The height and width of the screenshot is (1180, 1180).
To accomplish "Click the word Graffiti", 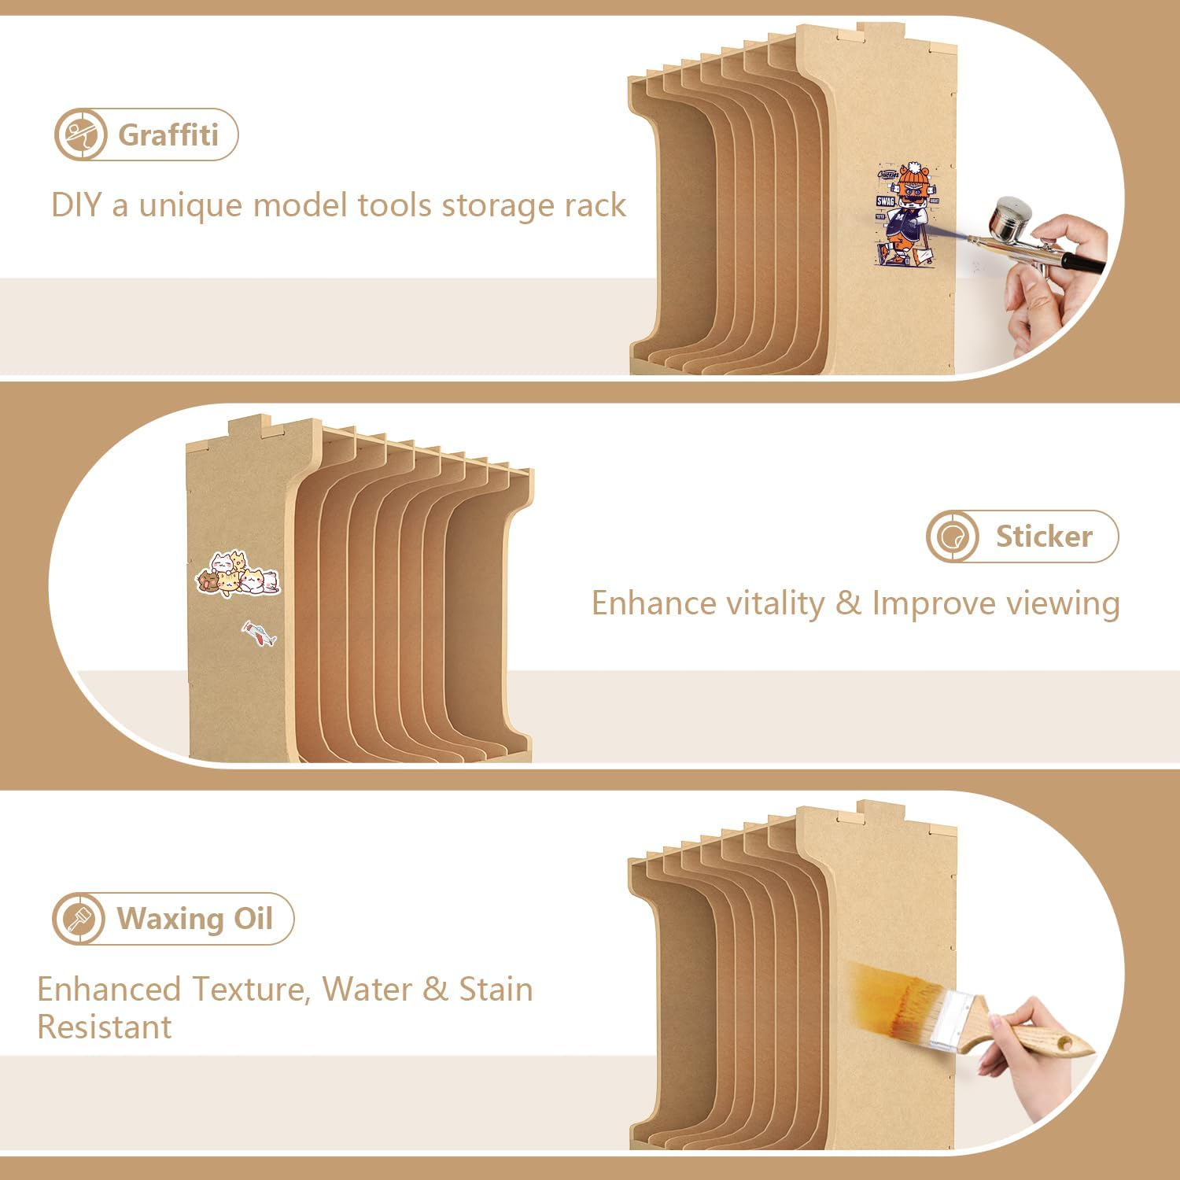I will (168, 135).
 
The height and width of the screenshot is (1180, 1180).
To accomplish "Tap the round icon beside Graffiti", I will (80, 135).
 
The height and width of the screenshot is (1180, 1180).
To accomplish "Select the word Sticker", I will (1044, 537).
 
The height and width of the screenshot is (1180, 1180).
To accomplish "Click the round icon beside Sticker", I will (953, 537).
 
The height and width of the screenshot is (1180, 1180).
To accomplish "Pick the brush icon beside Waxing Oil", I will (79, 918).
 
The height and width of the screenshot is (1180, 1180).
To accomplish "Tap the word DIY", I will (76, 205).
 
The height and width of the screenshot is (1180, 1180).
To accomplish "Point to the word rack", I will (595, 205).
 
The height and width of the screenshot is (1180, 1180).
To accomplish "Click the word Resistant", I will (105, 1027).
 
